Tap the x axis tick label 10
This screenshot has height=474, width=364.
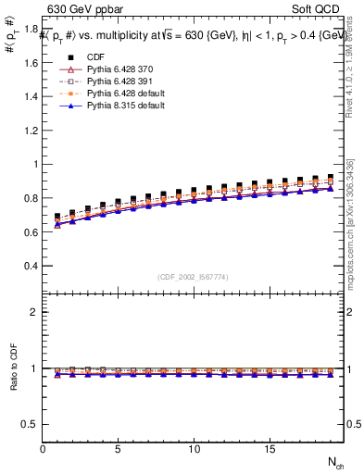(194, 450)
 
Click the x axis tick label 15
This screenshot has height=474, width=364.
(269, 450)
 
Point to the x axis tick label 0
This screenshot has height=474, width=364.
(43, 450)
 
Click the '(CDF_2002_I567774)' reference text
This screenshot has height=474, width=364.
(194, 277)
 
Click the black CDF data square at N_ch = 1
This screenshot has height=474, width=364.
(57, 217)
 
